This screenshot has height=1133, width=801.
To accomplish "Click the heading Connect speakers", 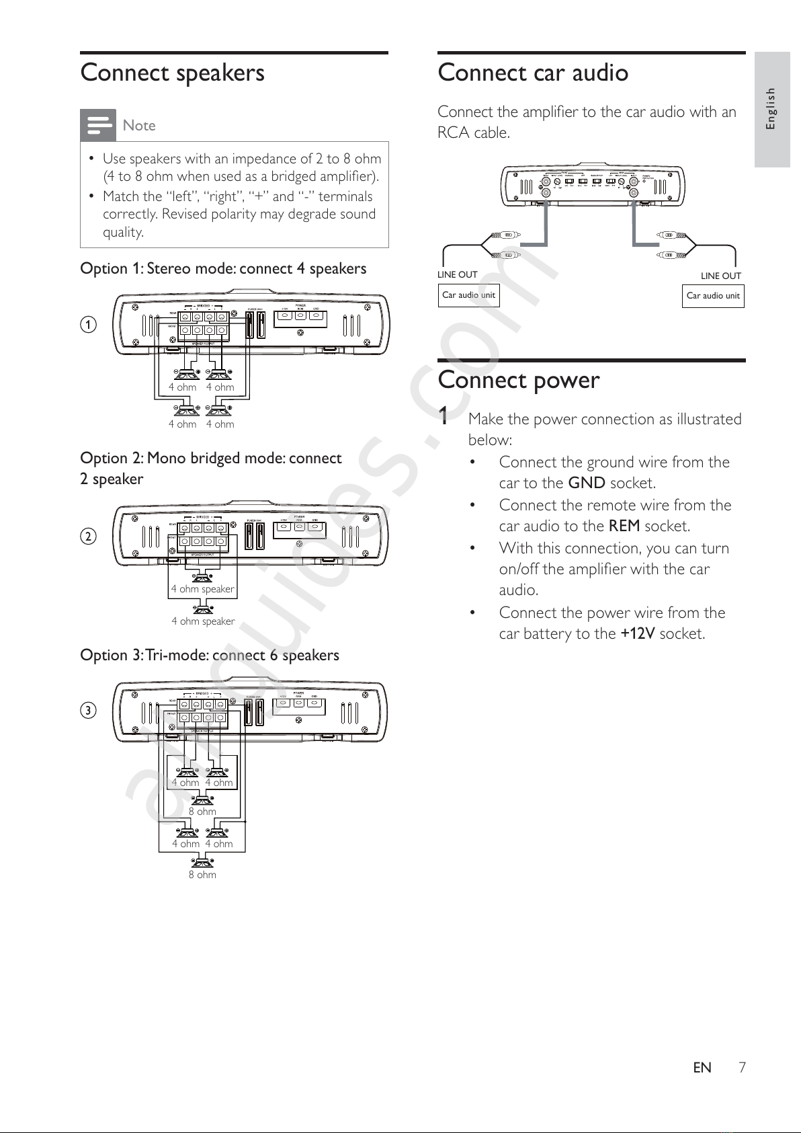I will click(x=172, y=73).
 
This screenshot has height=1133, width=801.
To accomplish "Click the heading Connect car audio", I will click(x=532, y=73).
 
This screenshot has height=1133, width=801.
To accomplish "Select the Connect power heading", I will click(x=518, y=381).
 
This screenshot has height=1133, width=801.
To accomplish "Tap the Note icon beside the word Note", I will click(x=98, y=125).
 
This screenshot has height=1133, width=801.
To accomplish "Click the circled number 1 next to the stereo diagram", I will click(x=88, y=325).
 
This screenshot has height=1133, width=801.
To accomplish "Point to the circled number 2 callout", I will click(x=88, y=537).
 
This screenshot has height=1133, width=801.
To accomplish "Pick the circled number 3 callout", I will click(x=88, y=711).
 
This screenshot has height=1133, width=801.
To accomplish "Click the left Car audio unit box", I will click(x=468, y=295).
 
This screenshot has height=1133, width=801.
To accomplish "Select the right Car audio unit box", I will click(x=713, y=296).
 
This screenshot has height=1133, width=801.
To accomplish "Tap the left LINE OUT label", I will click(x=457, y=274).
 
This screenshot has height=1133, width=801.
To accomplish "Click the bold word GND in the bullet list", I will click(x=587, y=483).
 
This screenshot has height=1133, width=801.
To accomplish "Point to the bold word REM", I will click(x=624, y=526).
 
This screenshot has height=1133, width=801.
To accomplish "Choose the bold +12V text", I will click(x=637, y=633).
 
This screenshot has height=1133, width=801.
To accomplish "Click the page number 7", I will click(x=742, y=1068).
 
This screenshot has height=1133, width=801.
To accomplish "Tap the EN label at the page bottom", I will click(x=702, y=1068).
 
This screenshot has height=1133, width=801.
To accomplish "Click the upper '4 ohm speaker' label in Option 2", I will click(x=203, y=589).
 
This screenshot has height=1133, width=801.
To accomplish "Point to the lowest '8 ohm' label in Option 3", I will click(x=202, y=875).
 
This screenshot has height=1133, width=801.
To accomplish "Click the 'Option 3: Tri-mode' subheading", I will click(x=209, y=655).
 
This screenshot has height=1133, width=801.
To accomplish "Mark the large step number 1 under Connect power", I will click(x=444, y=417).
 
